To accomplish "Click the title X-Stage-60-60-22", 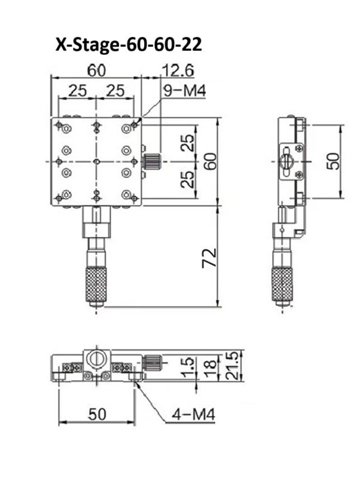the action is (x=129, y=45).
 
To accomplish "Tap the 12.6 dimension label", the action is (x=178, y=70).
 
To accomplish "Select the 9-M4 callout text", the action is (x=184, y=91).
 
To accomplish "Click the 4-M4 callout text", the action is (x=193, y=415).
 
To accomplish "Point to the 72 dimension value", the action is (x=210, y=258).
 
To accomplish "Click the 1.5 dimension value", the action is (x=188, y=367).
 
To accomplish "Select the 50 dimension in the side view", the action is (x=333, y=161).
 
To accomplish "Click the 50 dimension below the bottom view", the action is (x=97, y=414).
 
